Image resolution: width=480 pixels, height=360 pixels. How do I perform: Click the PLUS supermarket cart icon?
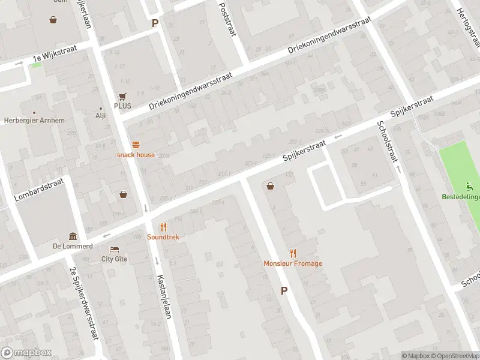[x=122, y=96]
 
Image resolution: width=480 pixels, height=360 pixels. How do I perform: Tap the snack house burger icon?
[x=136, y=145]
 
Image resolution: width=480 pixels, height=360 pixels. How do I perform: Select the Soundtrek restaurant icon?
[x=163, y=227]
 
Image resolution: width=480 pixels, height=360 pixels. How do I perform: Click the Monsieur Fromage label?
[x=293, y=263]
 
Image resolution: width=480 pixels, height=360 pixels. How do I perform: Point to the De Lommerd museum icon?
[x=73, y=236]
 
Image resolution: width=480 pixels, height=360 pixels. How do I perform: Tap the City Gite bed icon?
[x=114, y=249]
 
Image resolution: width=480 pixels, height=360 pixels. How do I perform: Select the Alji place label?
[x=100, y=116]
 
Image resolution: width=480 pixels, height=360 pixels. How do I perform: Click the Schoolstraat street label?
[x=388, y=142]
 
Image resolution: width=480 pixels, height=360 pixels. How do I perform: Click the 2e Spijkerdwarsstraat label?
[x=84, y=302]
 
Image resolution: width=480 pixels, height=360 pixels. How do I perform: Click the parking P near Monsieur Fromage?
[x=284, y=290]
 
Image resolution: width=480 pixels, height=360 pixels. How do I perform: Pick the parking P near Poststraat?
[x=155, y=23]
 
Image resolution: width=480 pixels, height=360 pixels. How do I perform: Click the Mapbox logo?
[x=26, y=353]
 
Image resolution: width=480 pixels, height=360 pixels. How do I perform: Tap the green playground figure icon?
[x=470, y=186]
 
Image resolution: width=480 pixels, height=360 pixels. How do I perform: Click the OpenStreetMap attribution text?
[x=455, y=356]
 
